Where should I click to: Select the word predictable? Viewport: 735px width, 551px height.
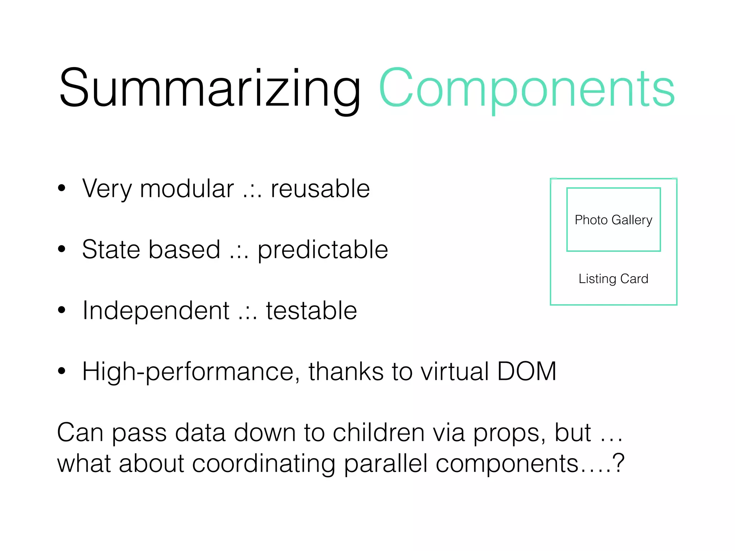(323, 250)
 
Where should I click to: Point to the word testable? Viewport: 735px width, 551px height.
(311, 311)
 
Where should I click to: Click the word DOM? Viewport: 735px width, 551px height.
(526, 371)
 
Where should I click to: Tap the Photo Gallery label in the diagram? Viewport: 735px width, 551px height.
(613, 220)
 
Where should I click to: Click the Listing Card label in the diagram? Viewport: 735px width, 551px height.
(613, 279)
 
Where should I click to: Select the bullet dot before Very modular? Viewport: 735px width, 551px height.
(62, 188)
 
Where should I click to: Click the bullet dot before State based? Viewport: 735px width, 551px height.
(62, 249)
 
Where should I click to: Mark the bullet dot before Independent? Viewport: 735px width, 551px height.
(62, 310)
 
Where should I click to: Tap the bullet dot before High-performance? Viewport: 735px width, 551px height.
(62, 371)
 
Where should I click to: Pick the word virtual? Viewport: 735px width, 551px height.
(455, 371)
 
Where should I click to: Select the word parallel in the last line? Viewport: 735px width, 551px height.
(385, 463)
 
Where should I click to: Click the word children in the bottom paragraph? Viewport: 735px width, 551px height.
(379, 432)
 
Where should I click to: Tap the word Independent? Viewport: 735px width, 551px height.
(156, 311)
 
